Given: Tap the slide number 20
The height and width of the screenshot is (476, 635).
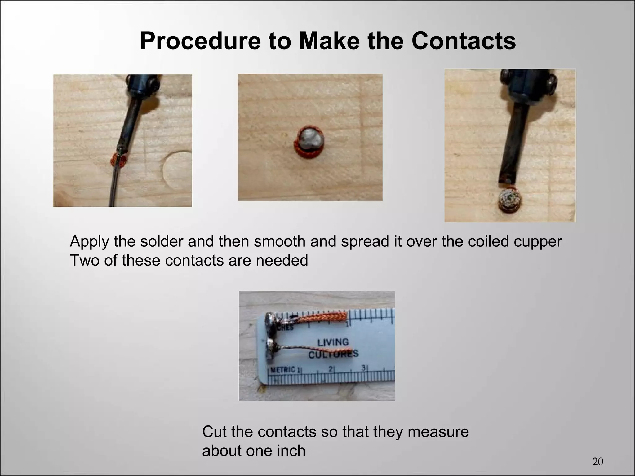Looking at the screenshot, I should click(x=597, y=461).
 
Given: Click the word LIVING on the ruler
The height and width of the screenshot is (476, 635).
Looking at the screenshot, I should click(x=333, y=343).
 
